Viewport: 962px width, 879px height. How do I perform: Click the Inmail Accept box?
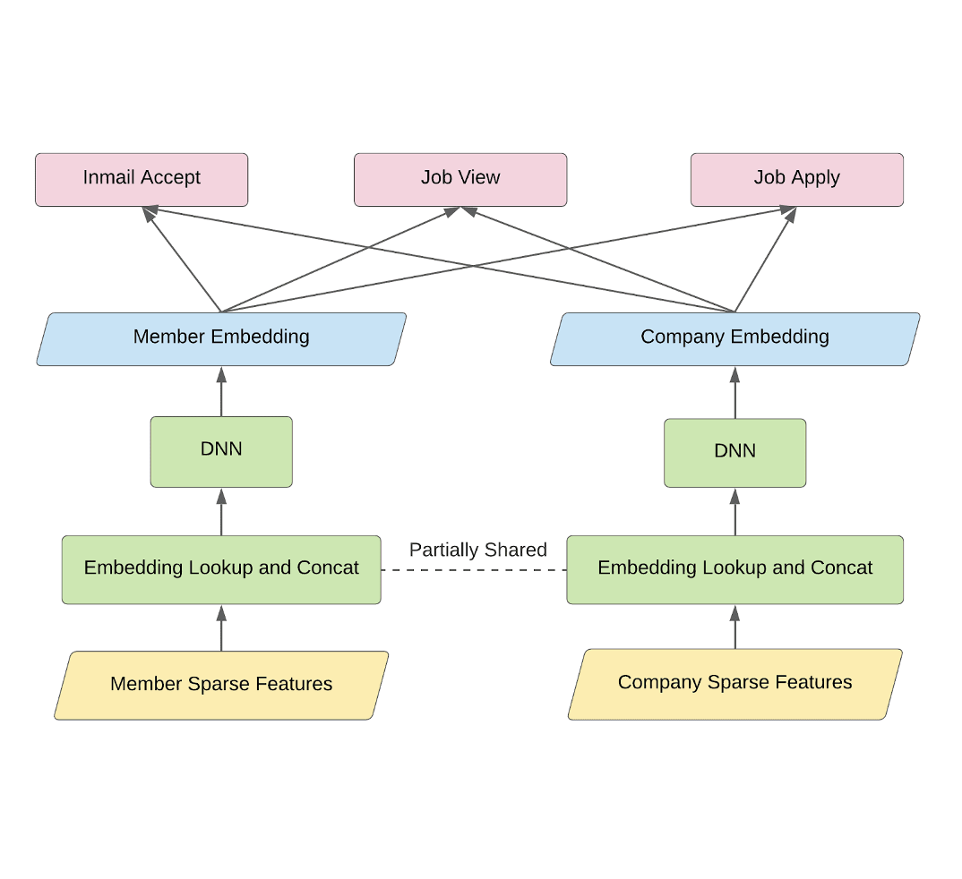142,179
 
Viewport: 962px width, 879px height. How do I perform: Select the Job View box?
460,179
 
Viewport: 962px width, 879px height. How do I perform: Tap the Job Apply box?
796,179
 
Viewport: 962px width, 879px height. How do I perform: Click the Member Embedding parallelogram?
221,338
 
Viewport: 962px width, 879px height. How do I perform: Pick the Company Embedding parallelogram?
734,338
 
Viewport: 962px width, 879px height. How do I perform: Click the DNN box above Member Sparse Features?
221,451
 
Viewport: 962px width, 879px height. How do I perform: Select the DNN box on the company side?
734,453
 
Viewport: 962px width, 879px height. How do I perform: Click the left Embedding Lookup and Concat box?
221,569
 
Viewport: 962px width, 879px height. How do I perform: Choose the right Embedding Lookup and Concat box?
734,569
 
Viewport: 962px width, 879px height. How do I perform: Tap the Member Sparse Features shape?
221,685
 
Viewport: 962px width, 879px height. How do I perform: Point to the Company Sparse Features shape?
734,684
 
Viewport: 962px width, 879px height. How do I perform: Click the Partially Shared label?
477,550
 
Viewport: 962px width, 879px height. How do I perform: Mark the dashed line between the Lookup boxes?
474,569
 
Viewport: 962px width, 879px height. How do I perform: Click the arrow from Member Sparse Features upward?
221,628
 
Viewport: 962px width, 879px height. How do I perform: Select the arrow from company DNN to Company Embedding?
735,394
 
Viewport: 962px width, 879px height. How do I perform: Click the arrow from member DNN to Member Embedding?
221,392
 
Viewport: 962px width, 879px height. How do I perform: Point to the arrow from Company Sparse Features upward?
735,627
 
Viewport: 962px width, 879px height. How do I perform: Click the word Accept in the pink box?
173,178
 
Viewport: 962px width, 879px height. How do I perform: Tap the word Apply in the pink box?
815,178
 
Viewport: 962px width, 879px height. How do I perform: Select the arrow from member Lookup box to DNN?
221,512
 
